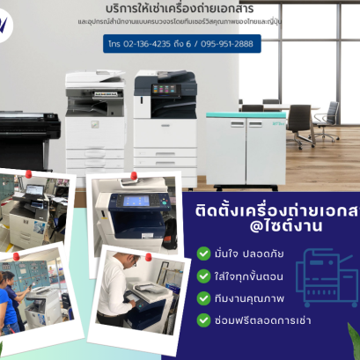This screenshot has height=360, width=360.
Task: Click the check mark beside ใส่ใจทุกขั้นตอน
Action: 205,276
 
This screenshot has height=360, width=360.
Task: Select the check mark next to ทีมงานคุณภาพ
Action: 205,298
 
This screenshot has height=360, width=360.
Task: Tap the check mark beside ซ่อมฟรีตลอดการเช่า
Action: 205,320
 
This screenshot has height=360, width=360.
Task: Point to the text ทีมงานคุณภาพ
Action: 246,298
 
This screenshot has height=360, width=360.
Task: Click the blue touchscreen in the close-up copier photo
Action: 137,201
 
